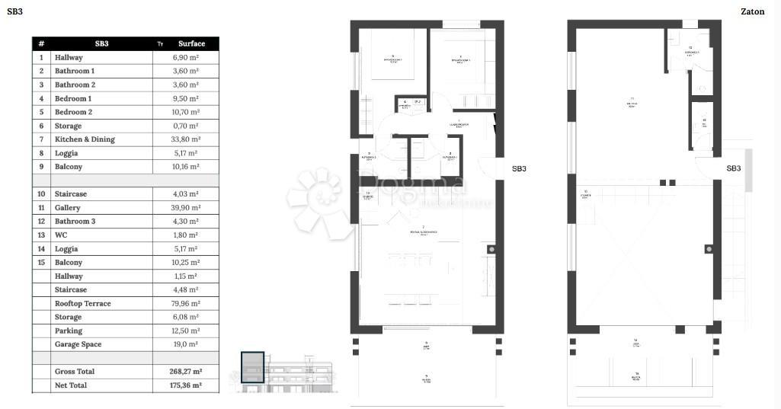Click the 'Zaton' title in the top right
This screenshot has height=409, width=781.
tap(752, 11)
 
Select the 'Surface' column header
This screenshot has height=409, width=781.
tap(191, 43)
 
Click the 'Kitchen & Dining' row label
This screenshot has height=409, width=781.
tap(85, 139)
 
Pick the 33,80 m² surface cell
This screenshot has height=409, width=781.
tap(186, 139)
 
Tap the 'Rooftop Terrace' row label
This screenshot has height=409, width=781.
tap(82, 303)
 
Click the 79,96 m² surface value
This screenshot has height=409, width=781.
tap(186, 303)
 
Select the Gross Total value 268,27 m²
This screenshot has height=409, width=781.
tap(186, 372)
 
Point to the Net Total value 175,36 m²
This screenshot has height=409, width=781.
tap(186, 385)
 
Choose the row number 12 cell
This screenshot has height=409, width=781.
tap(41, 222)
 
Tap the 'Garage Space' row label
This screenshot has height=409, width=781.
tap(78, 344)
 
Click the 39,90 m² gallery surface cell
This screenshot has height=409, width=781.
tap(186, 208)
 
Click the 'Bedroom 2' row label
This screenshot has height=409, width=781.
tap(73, 112)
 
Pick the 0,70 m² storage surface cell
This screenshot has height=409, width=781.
tap(186, 126)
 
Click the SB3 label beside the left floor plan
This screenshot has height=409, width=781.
tap(519, 169)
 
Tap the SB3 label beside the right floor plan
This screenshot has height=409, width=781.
tap(733, 168)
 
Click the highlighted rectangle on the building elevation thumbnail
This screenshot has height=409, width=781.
tap(252, 366)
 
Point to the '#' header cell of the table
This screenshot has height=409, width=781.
tap(41, 43)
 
